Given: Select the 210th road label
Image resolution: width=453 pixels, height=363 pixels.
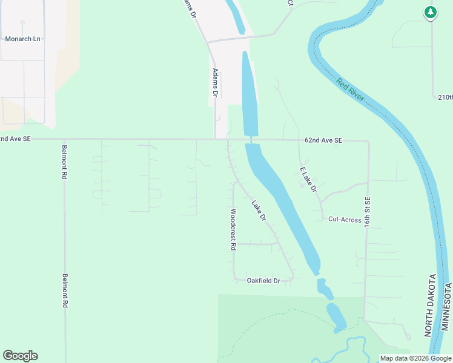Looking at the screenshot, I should (445, 97).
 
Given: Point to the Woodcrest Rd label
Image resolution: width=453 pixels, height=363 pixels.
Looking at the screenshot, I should (233, 230).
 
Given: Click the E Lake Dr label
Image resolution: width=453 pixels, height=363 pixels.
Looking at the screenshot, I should (309, 180).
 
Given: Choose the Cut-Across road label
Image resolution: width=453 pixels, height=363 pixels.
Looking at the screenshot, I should (345, 220).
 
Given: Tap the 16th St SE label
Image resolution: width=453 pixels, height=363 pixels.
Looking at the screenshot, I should (367, 211).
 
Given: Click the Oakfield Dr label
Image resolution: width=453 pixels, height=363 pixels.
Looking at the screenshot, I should (263, 281).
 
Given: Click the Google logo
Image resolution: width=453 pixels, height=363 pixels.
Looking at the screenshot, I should (20, 356).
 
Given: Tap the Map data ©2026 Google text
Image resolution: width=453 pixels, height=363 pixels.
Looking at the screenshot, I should (415, 358).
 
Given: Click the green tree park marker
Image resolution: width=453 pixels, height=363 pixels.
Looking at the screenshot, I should (431, 12).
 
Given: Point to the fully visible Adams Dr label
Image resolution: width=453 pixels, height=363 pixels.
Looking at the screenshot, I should (214, 82).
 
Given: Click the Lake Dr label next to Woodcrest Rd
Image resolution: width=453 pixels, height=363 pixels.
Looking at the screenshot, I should (259, 210).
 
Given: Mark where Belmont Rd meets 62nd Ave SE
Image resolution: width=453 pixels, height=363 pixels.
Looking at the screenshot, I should (64, 139).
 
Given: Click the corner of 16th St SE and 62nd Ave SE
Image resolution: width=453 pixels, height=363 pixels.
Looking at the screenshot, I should (368, 141).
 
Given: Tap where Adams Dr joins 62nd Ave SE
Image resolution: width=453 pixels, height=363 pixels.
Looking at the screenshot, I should (216, 139).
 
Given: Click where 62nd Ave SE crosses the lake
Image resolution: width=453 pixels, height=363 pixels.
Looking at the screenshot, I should (251, 140).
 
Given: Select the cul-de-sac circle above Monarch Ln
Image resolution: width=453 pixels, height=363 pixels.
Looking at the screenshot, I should (22, 23).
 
